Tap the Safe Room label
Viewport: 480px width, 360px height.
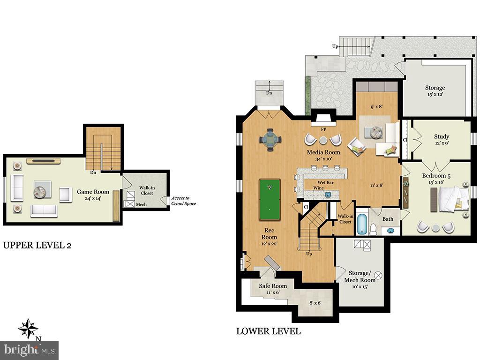click(x=273, y=285)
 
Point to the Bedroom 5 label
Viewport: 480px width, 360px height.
click(x=436, y=176)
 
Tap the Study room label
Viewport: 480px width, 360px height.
click(x=442, y=137)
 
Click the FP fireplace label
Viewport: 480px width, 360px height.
click(x=323, y=129)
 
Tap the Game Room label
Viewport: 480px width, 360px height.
click(x=94, y=192)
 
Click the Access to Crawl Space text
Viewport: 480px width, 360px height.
click(x=184, y=201)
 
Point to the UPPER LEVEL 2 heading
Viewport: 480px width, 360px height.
click(x=37, y=245)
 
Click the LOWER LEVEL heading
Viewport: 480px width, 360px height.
click(x=268, y=331)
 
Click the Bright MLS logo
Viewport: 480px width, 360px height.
click(x=29, y=350)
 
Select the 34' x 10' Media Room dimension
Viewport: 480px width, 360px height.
click(x=323, y=159)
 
